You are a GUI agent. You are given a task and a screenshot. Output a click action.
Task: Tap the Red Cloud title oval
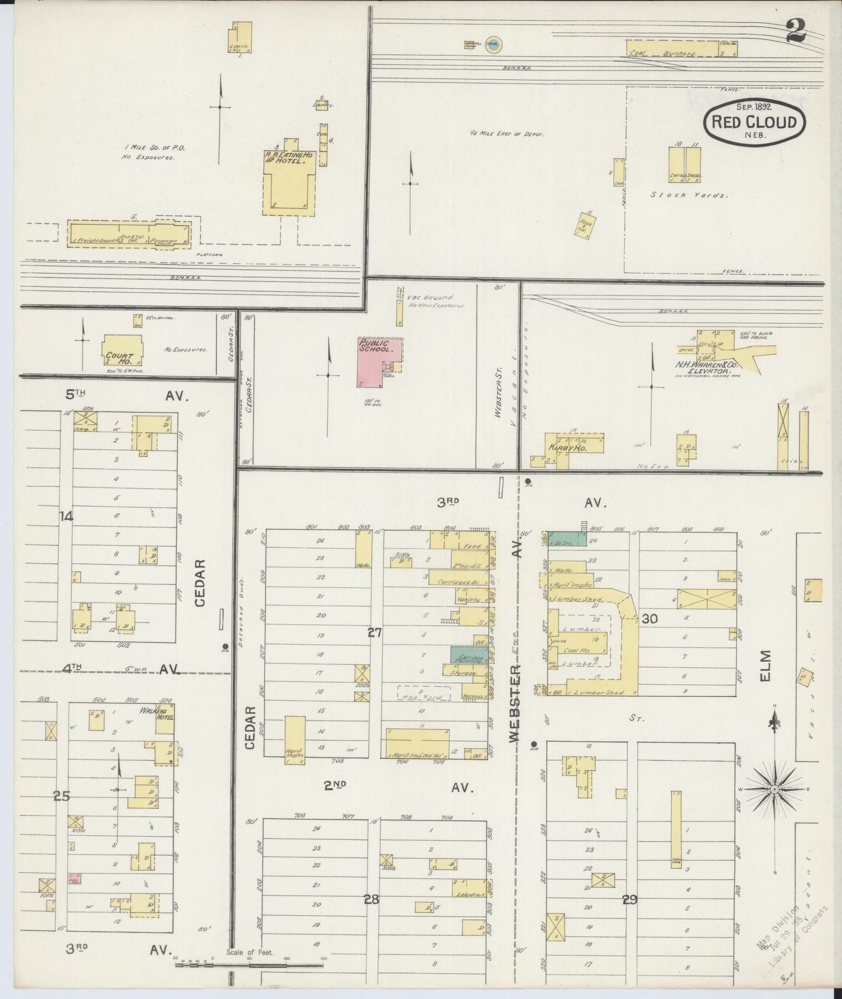click(x=754, y=122)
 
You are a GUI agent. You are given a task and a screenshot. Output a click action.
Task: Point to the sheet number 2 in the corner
click(x=794, y=31)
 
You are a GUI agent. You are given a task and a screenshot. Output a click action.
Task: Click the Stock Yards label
click(x=688, y=195)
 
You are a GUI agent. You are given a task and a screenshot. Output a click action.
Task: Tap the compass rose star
click(x=775, y=790)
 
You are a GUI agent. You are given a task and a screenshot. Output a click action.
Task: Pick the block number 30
click(x=649, y=619)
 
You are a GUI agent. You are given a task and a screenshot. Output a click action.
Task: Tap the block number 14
click(x=67, y=516)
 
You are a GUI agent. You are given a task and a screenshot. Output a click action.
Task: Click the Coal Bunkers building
click(x=672, y=49)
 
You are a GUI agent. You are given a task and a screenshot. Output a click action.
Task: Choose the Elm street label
click(x=766, y=664)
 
